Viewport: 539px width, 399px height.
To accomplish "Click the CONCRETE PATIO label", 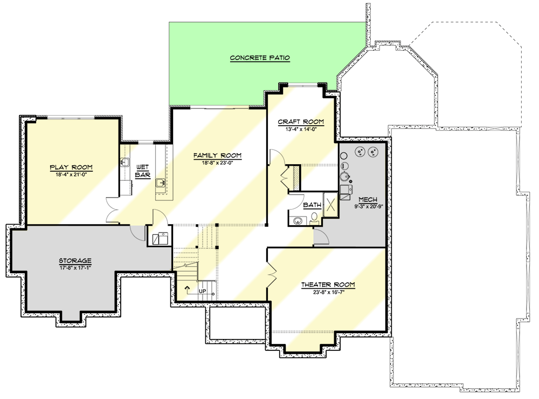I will point(260,58).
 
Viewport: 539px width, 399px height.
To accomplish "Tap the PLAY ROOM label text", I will point(71,167).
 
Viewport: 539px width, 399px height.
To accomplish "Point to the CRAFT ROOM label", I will point(301,122).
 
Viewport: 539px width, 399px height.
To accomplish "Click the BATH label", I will point(312,205).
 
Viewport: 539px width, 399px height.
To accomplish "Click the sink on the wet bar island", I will point(160,184).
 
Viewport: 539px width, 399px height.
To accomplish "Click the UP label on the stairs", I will point(203,292).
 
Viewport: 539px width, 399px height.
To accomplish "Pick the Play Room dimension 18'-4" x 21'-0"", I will point(71,174).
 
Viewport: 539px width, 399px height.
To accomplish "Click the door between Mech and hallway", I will point(319,236).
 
